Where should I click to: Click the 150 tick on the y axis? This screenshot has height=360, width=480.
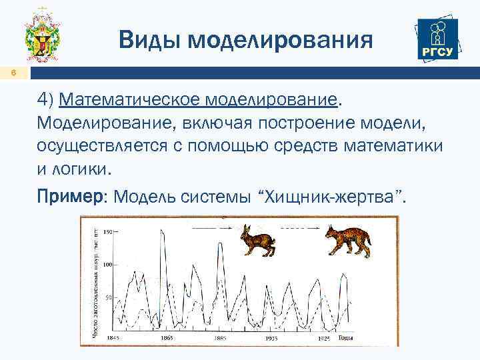tap(107, 231)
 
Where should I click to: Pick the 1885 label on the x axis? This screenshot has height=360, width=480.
tap(220, 338)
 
